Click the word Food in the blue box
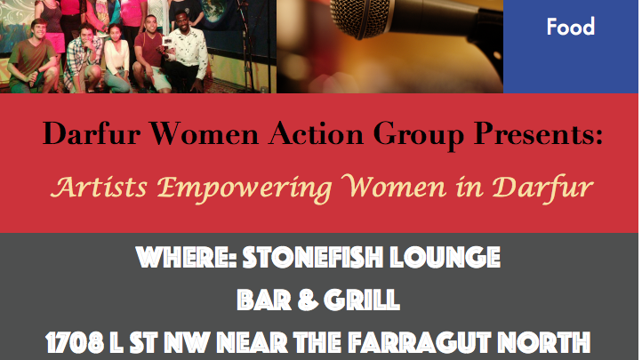pos(570,27)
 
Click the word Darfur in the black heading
pos(92,133)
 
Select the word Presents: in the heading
pos(538,133)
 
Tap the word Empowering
pos(245,188)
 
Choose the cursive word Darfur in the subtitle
pos(542,188)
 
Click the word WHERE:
pos(187,257)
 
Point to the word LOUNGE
pos(445,257)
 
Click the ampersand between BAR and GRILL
pos(308,300)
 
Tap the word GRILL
pos(362,300)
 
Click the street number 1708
pos(75,342)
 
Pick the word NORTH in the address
pos(543,342)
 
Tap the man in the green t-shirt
pos(33,56)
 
